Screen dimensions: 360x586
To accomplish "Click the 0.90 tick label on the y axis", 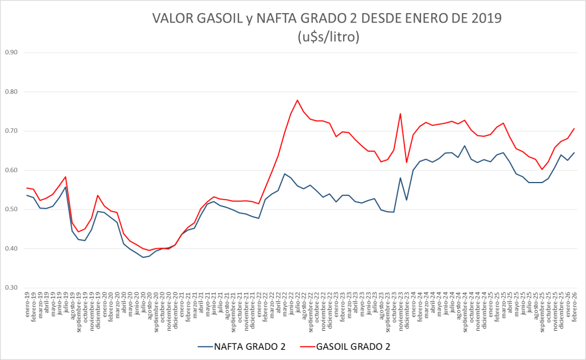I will pos(11,53).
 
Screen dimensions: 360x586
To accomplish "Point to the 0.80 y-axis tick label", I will pos(11,92).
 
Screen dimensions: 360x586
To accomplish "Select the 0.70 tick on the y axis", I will pos(11,131).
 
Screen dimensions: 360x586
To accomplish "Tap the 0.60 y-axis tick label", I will pos(11,171).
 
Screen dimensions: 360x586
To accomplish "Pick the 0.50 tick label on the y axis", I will pos(11,209).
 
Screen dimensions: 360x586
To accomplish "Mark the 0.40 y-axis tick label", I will pos(11,249).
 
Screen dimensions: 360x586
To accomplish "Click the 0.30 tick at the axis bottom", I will pos(11,288).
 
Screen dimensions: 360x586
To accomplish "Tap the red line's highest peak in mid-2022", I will pos(298,100).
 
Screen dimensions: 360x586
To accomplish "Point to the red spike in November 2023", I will pos(400,113).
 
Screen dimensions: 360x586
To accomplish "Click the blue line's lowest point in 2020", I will pos(143,257).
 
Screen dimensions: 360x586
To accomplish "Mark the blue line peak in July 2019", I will pos(66,187).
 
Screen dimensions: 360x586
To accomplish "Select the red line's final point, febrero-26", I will pos(574,128).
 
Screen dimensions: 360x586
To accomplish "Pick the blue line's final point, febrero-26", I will pos(574,153).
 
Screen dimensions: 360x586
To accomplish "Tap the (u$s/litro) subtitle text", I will pos(328,37).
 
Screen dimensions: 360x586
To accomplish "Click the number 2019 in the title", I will pos(485,18).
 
